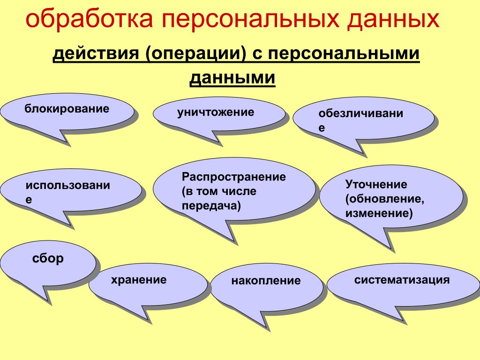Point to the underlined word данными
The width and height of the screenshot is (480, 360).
pyautogui.click(x=232, y=78)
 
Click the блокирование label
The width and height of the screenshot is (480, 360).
pyautogui.click(x=67, y=109)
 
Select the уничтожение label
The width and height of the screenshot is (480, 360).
pyautogui.click(x=216, y=112)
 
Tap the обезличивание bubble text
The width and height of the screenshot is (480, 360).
pyautogui.click(x=360, y=120)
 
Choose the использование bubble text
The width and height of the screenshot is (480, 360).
pyautogui.click(x=67, y=192)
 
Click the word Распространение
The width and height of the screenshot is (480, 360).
pyautogui.click(x=233, y=177)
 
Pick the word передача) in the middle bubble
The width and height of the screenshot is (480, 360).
pyautogui.click(x=211, y=205)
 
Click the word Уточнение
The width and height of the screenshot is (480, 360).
pyautogui.click(x=376, y=184)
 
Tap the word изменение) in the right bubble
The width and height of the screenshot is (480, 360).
pyautogui.click(x=379, y=213)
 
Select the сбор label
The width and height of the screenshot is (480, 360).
pyautogui.click(x=48, y=258)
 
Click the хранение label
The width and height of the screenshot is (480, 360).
pyautogui.click(x=139, y=280)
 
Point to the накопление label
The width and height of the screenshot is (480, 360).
pyautogui.click(x=266, y=281)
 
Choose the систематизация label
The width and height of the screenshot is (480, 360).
pyautogui.click(x=402, y=280)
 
